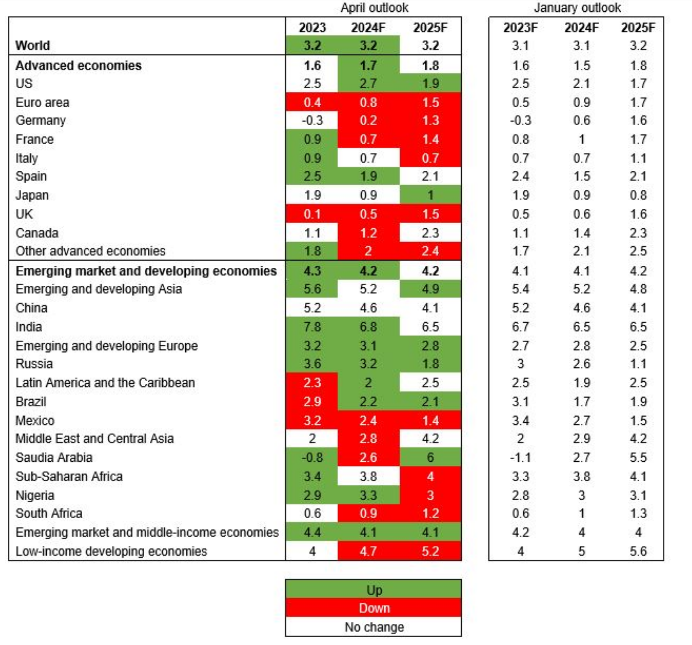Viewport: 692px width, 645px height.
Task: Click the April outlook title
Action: click(374, 8)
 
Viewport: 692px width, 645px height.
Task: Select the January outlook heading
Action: click(577, 8)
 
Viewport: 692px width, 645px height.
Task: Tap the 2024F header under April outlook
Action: click(368, 28)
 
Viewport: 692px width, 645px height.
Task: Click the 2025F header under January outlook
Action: click(638, 28)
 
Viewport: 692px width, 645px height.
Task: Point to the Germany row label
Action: click(41, 121)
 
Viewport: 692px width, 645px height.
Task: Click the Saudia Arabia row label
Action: click(54, 458)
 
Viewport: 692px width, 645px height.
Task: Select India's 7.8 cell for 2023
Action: click(312, 327)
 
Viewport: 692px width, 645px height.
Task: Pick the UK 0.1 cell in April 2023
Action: click(312, 214)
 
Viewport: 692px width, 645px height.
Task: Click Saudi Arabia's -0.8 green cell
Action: click(312, 458)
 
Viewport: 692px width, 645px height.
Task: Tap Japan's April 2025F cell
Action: click(430, 195)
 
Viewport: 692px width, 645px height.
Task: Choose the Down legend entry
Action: click(374, 608)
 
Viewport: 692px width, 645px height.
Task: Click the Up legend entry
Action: click(374, 590)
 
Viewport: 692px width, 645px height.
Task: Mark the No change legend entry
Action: click(374, 627)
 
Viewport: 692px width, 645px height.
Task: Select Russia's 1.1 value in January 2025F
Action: click(638, 364)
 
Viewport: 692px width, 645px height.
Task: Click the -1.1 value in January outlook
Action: click(521, 458)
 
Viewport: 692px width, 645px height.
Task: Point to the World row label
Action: click(33, 46)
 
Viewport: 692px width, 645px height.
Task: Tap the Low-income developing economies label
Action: click(111, 552)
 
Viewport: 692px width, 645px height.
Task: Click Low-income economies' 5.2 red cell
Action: click(430, 552)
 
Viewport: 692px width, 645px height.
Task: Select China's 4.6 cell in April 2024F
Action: click(368, 308)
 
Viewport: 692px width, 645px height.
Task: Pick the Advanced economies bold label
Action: click(78, 66)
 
